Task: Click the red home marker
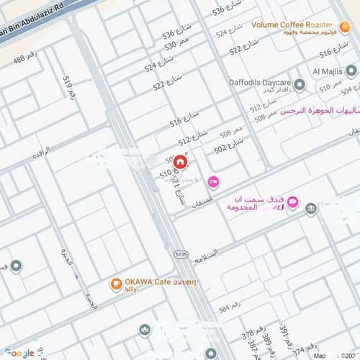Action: [x=169, y=163]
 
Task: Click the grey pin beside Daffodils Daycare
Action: [x=300, y=85]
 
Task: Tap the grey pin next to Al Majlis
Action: [x=351, y=71]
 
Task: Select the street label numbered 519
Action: [x=68, y=89]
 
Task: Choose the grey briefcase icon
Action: [x=311, y=210]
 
